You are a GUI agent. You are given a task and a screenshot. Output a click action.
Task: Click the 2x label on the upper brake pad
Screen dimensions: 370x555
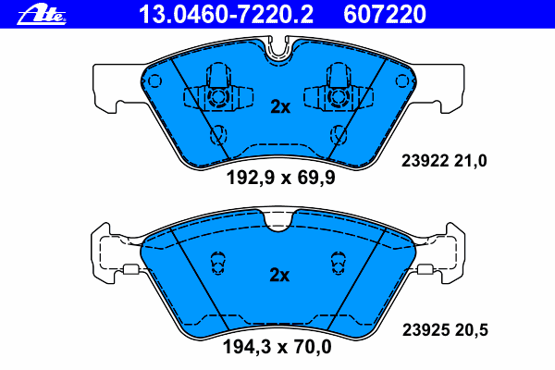point(279,107)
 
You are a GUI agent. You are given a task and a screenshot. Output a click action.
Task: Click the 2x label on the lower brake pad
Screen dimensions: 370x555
point(279,275)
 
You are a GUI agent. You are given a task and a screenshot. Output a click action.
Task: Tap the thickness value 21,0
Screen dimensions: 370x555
point(470,161)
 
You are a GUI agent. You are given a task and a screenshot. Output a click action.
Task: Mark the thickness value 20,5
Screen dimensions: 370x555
point(470,328)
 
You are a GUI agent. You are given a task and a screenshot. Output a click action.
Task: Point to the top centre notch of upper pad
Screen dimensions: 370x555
point(278,51)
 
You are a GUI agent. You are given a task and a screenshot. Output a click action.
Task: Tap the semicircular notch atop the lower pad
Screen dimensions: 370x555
point(278,219)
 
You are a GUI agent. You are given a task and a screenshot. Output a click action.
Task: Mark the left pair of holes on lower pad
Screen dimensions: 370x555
point(219,264)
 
